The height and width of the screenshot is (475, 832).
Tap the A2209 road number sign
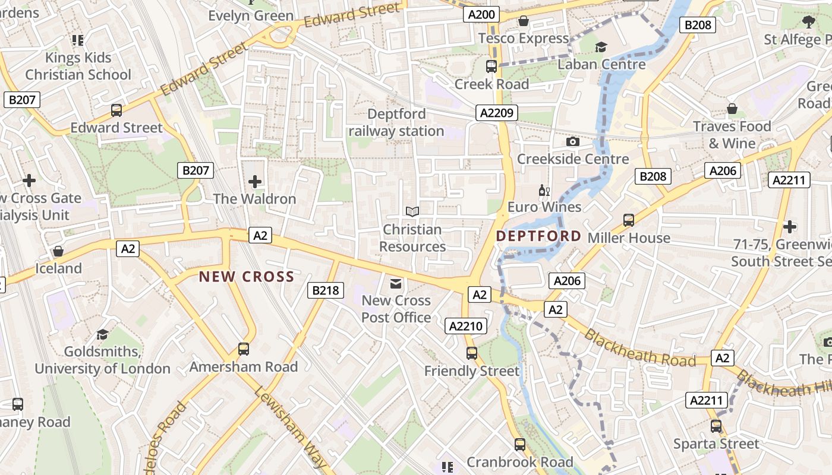pos(497,113)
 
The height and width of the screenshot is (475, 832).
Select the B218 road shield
pos(326,290)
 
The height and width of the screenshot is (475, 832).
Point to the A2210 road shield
pos(467,326)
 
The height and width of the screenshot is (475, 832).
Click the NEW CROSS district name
pos(247,276)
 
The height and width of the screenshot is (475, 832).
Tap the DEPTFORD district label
pos(538,236)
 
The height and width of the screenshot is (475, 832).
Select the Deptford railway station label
pos(396,122)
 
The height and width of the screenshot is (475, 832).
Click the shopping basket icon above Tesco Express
pos(524,21)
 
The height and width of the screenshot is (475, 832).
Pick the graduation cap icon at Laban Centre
pos(601,47)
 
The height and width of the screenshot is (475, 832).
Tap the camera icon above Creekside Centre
pos(573,141)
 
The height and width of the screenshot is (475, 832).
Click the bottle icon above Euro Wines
pos(543,191)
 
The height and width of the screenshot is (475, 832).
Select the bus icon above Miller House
pos(629,220)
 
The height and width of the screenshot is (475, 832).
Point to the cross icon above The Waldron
pos(255,181)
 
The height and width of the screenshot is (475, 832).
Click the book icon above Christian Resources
pos(412,211)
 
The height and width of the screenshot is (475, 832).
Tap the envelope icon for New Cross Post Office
pos(396,283)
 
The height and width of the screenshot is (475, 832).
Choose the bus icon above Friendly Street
pos(472,353)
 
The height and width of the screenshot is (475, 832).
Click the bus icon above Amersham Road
pos(244,349)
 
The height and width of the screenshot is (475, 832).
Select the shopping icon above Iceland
pos(58,251)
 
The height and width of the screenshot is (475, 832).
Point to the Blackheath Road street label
pos(639,348)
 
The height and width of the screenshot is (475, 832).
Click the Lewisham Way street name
pos(291,426)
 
